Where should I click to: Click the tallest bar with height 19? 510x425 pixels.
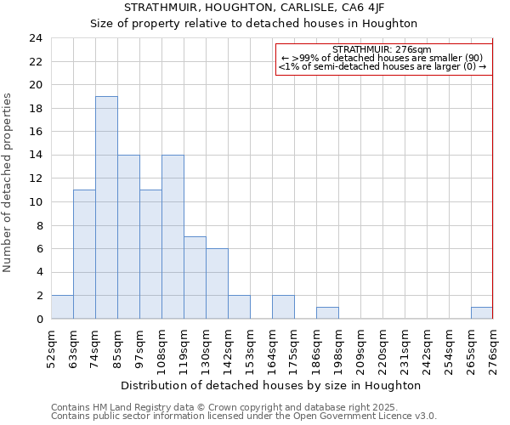[x=106, y=207]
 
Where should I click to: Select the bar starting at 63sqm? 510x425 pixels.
[x=84, y=254]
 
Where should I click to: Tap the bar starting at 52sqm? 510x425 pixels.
[x=62, y=307]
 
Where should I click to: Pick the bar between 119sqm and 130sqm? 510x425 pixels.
[x=195, y=278]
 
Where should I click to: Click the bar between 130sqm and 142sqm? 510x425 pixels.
[x=217, y=284]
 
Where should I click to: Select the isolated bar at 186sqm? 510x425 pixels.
[x=327, y=313]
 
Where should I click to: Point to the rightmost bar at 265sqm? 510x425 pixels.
[x=482, y=313]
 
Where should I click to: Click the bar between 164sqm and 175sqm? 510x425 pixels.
[x=283, y=307]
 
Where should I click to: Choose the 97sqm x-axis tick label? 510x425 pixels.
[x=139, y=348]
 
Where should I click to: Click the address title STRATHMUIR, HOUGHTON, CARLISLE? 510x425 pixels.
[x=254, y=7]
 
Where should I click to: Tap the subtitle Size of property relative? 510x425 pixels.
[x=254, y=23]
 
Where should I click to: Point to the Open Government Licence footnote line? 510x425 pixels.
[x=244, y=416]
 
